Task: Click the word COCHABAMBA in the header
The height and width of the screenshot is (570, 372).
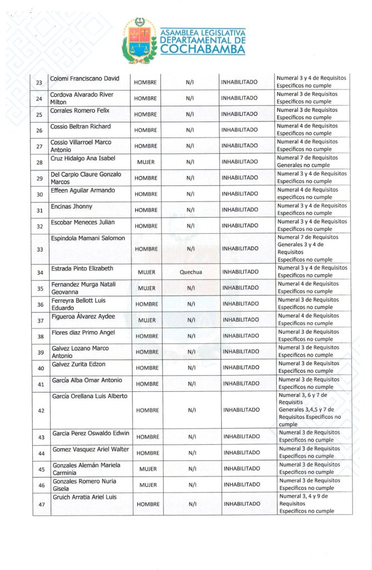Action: (203, 50)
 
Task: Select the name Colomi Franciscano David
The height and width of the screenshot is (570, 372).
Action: (85, 78)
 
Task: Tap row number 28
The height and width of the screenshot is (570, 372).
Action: (39, 163)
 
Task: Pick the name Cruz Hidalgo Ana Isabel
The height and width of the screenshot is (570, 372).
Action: (83, 158)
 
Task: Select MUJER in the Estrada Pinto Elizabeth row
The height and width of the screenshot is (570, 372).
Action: (146, 272)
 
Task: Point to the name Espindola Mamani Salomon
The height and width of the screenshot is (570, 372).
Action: (88, 238)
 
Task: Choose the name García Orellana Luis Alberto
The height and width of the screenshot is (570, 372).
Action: (90, 396)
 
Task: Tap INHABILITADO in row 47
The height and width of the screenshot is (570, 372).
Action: (242, 504)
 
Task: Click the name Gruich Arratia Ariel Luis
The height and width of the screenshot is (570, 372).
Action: (84, 497)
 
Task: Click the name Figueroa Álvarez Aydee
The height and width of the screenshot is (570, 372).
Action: (83, 316)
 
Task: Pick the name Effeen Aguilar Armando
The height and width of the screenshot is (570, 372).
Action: (83, 190)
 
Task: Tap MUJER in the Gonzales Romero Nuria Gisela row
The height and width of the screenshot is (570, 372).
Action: (148, 485)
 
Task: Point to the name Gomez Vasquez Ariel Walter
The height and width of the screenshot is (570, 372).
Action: (90, 449)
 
